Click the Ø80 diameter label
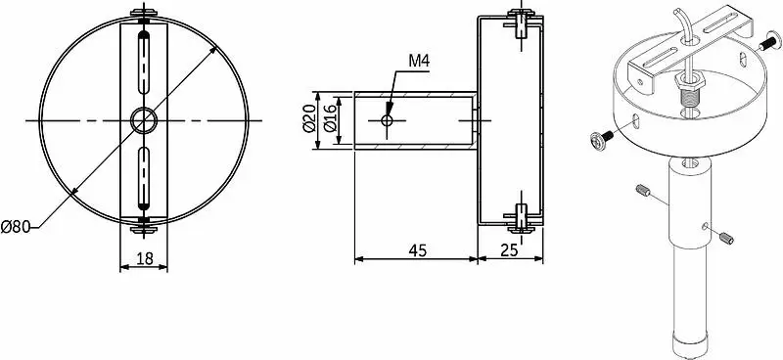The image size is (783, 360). click(x=16, y=227)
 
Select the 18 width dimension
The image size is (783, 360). click(x=144, y=258)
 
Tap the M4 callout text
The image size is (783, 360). click(x=419, y=61)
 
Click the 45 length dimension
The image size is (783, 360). click(x=418, y=250)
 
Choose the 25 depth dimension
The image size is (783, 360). click(x=509, y=250)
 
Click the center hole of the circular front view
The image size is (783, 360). click(x=144, y=120)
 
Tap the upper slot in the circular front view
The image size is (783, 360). click(x=144, y=63)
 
